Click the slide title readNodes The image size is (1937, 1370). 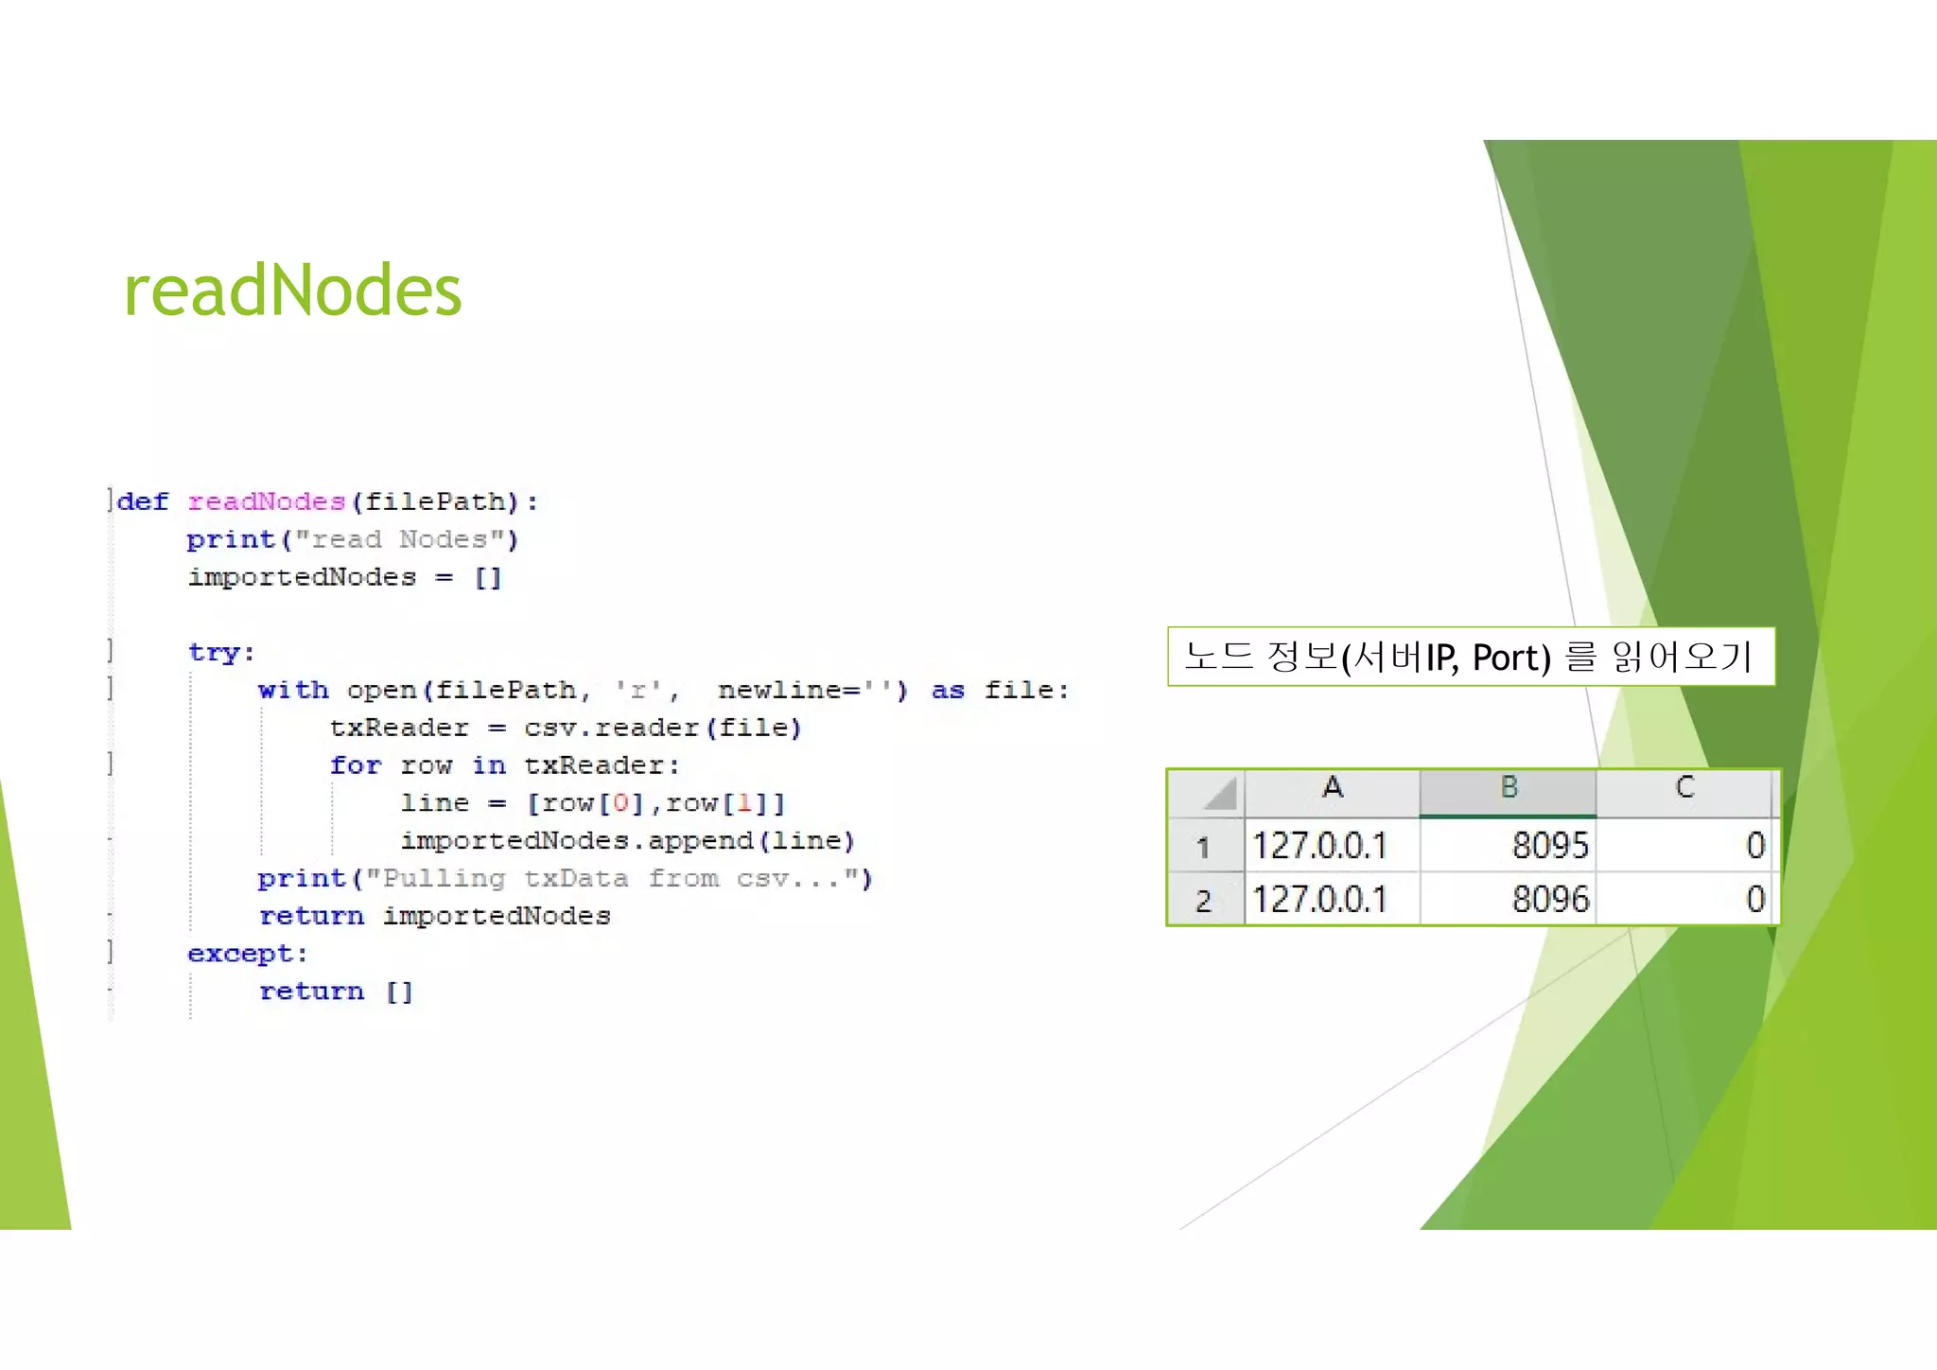point(292,290)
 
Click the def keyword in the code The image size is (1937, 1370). point(143,501)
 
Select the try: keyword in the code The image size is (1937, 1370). point(220,652)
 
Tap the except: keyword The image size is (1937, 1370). point(247,954)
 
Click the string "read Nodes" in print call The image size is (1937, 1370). point(399,539)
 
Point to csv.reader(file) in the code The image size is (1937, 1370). point(662,728)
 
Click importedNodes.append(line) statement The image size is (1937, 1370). point(627,840)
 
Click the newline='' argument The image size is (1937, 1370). point(804,690)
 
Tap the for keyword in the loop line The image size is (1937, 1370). point(355,764)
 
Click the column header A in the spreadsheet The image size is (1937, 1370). point(1332,788)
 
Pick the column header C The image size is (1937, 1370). point(1684,788)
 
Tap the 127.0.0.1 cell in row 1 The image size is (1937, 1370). point(1319,845)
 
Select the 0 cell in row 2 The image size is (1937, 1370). point(1754,899)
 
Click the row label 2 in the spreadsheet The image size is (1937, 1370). point(1203,900)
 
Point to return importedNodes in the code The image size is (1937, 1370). point(435,916)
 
